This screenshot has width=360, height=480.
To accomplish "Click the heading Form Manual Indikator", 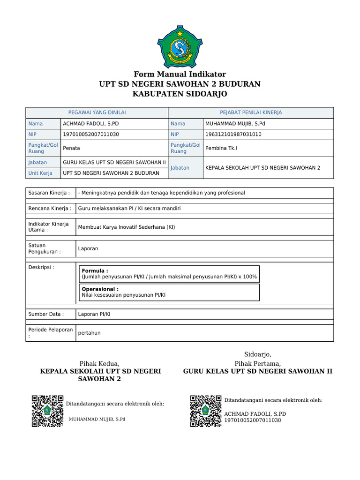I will [x=180, y=74].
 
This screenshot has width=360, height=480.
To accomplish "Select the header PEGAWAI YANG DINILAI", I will [x=97, y=112].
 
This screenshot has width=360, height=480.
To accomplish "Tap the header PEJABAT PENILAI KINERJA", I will [x=251, y=112].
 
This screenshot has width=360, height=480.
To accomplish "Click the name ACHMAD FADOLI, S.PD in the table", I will [x=91, y=124].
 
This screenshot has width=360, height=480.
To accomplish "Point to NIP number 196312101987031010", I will [x=233, y=134].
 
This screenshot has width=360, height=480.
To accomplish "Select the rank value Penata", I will [x=71, y=148].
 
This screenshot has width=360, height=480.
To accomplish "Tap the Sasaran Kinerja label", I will [x=49, y=193].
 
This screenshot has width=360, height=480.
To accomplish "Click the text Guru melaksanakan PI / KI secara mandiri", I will [x=129, y=208].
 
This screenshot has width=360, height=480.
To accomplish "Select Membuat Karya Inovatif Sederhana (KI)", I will [x=127, y=227].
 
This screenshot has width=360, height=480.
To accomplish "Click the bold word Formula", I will [x=95, y=271].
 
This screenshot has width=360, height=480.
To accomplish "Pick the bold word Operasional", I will [x=100, y=289].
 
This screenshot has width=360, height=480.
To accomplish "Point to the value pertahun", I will [x=89, y=333].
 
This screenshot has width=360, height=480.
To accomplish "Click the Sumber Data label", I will [x=45, y=314].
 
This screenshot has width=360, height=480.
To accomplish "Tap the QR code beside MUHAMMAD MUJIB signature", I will [x=47, y=411].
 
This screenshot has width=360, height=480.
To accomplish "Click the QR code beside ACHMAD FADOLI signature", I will [x=206, y=411].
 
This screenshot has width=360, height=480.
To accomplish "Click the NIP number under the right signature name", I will [x=253, y=420].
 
